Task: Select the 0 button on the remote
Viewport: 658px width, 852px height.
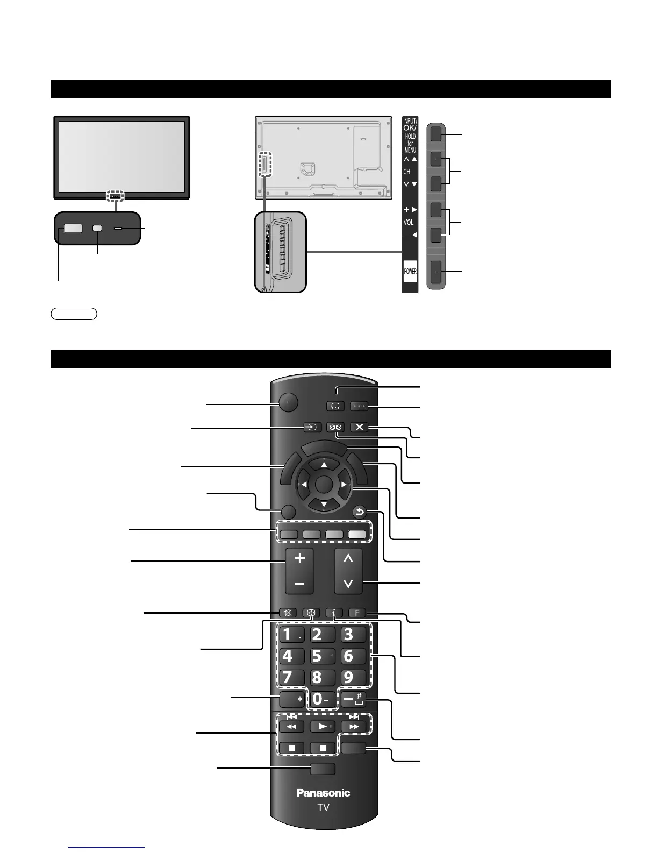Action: (x=321, y=699)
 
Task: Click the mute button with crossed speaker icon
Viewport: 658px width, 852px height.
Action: (x=288, y=613)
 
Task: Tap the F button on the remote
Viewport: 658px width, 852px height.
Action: (x=357, y=613)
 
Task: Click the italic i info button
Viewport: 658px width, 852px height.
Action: (x=334, y=613)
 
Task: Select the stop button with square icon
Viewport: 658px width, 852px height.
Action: (x=291, y=748)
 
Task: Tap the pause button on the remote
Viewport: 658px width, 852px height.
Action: (x=323, y=748)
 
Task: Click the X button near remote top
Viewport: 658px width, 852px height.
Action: (x=359, y=427)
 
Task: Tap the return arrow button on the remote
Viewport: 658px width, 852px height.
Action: (x=360, y=513)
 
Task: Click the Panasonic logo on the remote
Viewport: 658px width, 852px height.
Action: (x=323, y=792)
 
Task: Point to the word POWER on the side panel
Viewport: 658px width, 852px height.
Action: (x=410, y=271)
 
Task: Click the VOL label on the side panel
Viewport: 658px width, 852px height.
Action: (x=409, y=222)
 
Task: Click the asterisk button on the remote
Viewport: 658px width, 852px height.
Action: (x=292, y=699)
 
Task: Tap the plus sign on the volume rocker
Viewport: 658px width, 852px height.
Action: (x=300, y=558)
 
